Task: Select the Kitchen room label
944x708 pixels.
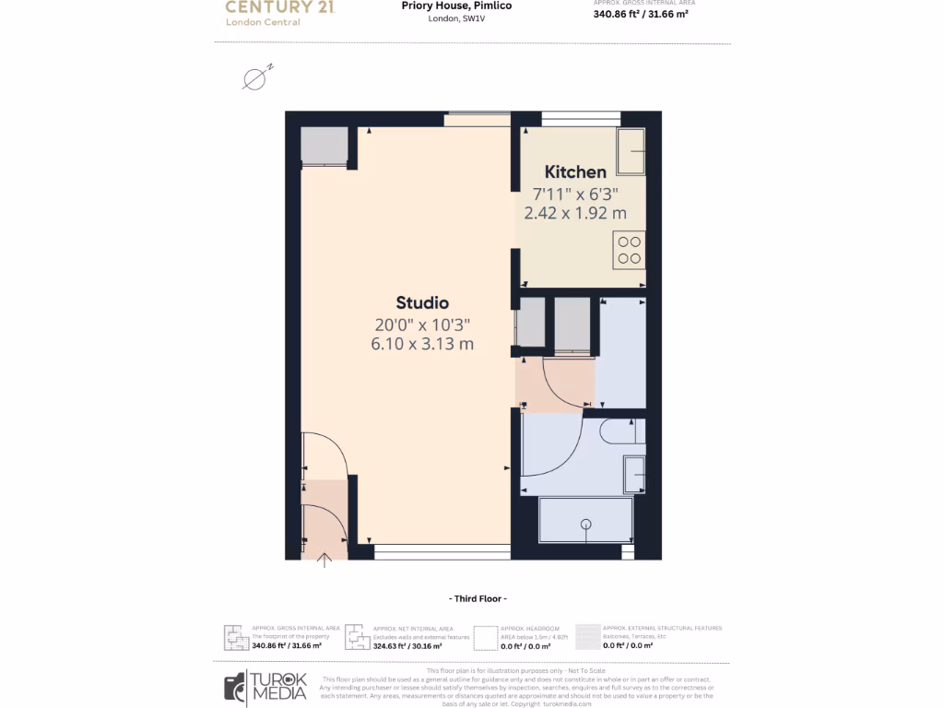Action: [575, 171]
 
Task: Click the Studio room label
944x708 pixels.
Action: [422, 302]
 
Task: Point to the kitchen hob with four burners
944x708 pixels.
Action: [629, 250]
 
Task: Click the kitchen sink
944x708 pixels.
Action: [631, 150]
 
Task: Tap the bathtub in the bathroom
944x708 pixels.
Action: [585, 521]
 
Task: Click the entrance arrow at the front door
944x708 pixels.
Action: [324, 560]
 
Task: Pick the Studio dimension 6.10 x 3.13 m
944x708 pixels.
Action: [423, 345]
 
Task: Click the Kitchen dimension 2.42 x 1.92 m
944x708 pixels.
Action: [575, 213]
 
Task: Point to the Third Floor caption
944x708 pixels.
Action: [475, 598]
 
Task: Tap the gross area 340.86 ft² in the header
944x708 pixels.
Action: [641, 15]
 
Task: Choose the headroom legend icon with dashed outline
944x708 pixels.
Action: [485, 637]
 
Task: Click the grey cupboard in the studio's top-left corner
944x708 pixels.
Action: [324, 145]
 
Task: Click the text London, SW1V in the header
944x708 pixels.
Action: [456, 19]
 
